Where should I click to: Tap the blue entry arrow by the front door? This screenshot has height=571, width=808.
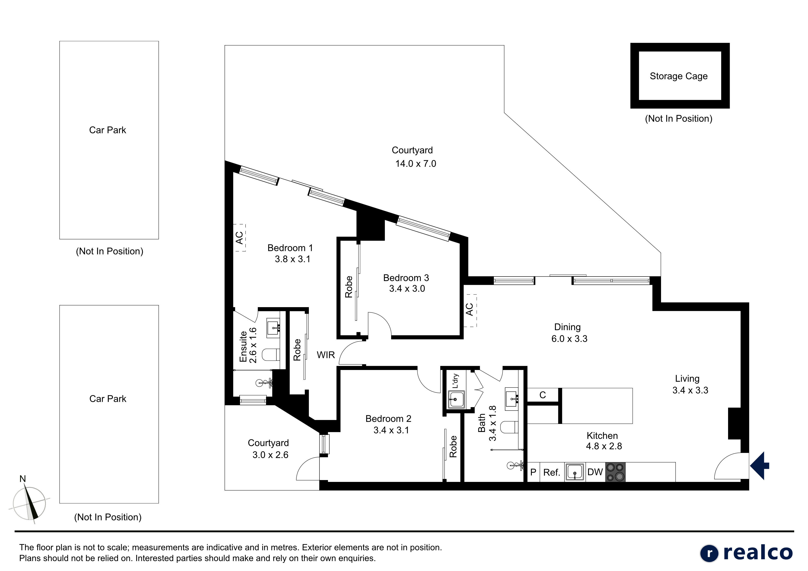(x=760, y=466)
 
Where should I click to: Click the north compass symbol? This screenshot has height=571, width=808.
(x=29, y=501)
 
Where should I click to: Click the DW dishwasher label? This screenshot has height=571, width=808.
(x=595, y=472)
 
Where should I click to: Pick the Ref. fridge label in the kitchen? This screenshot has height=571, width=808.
(x=551, y=472)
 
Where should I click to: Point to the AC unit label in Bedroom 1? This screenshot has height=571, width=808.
(x=239, y=238)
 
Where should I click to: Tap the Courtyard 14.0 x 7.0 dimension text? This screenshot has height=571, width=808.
(x=416, y=164)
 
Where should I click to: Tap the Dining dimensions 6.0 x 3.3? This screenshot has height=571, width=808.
(x=569, y=339)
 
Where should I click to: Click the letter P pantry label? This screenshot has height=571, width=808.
(x=533, y=472)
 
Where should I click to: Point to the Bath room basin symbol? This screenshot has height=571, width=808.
(x=512, y=399)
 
